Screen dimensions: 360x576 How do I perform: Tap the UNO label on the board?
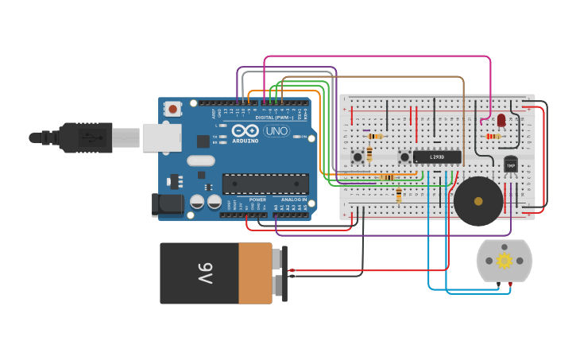(x=276, y=131)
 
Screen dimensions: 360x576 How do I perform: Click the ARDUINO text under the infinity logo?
(x=246, y=141)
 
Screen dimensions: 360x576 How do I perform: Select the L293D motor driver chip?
(x=437, y=157)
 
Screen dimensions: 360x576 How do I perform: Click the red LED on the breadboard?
(x=501, y=120)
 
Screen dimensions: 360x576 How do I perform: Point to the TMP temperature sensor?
(x=510, y=165)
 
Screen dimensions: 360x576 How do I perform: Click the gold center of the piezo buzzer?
(x=478, y=201)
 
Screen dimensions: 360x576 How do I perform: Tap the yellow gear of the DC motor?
(x=504, y=261)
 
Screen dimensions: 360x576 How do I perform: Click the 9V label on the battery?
(x=205, y=273)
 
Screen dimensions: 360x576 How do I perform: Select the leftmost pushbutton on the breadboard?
(x=358, y=157)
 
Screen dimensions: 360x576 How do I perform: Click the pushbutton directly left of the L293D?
(x=404, y=157)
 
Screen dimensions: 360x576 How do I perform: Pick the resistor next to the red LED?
(x=493, y=136)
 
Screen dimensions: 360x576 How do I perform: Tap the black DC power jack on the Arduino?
(x=168, y=204)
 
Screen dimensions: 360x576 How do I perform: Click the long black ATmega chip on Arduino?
(x=265, y=184)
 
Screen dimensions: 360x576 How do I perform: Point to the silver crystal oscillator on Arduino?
(x=201, y=161)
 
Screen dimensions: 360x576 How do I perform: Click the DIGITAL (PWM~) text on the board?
(x=274, y=118)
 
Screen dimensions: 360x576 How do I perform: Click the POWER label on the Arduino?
(x=257, y=199)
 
